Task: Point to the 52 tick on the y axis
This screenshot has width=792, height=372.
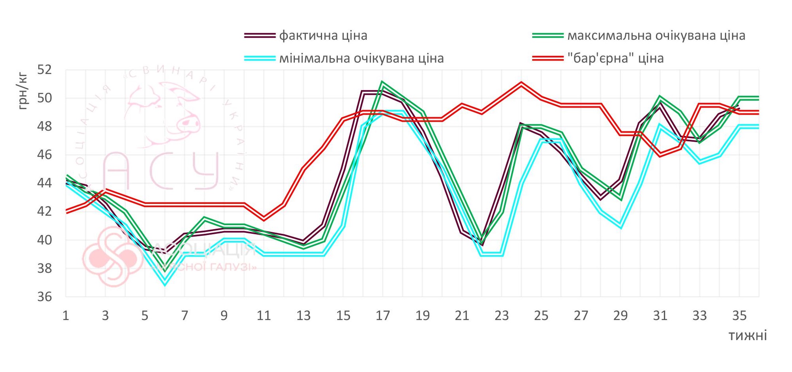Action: [45, 70]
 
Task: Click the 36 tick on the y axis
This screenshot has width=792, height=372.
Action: [45, 297]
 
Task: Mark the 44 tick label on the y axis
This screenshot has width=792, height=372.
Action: [45, 183]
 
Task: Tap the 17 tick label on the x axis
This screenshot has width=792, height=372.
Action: [382, 316]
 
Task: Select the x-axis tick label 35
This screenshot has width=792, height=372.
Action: [739, 316]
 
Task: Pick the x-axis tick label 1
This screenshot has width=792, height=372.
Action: [66, 316]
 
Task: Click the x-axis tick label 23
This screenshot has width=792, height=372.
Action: [501, 316]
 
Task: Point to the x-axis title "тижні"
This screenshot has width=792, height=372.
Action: [747, 336]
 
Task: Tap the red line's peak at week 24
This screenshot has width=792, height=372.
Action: [521, 83]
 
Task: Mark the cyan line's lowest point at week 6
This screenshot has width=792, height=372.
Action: [165, 283]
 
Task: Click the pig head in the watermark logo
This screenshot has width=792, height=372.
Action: [166, 114]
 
